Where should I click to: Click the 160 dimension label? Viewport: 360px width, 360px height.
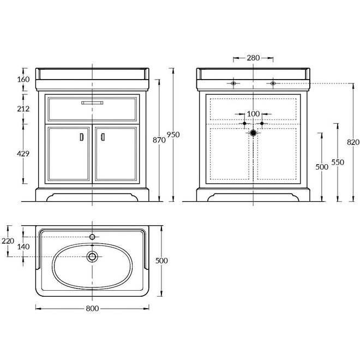[x=23, y=80]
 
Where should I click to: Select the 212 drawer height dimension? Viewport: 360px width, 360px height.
[x=23, y=109]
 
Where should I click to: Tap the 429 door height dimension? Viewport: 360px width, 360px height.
[x=23, y=154]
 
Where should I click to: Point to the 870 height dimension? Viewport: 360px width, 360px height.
[x=159, y=140]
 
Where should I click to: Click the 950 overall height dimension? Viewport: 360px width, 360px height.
[x=173, y=135]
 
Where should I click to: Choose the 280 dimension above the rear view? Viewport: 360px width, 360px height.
[x=253, y=58]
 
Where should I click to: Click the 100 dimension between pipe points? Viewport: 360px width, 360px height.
[x=253, y=114]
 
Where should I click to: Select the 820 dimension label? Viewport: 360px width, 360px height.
[x=353, y=142]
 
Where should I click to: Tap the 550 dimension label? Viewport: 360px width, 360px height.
[x=338, y=163]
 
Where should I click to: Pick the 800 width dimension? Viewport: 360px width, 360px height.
[x=92, y=308]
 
